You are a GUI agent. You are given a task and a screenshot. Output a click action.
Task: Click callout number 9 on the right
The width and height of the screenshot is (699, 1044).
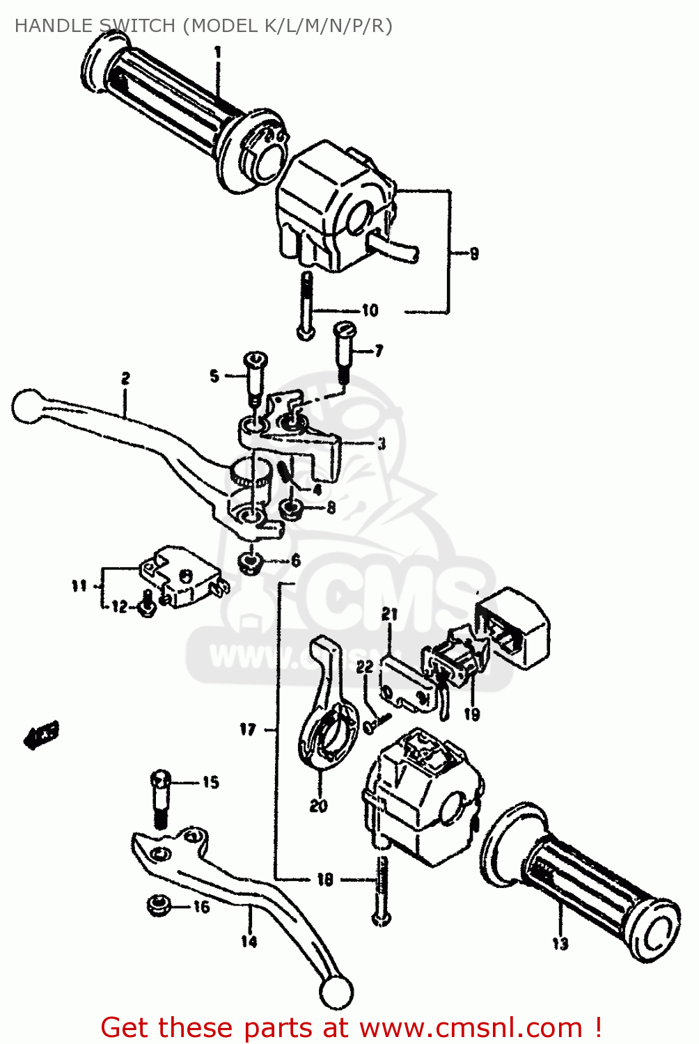[473, 254]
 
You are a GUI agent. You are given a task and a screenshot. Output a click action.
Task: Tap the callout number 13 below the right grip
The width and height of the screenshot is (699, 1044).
[560, 944]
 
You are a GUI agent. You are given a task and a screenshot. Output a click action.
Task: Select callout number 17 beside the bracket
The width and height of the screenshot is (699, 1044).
[248, 729]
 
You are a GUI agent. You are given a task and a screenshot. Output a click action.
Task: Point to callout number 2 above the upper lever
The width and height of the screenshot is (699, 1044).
[125, 379]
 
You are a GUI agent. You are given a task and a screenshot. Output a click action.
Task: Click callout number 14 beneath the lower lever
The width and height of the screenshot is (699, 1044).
[249, 942]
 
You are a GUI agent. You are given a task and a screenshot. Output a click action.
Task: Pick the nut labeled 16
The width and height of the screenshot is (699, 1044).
[157, 906]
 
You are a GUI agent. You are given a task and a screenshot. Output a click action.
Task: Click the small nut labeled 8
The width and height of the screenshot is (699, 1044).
[292, 509]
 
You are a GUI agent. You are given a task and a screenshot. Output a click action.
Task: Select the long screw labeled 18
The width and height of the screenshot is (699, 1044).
[380, 891]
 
